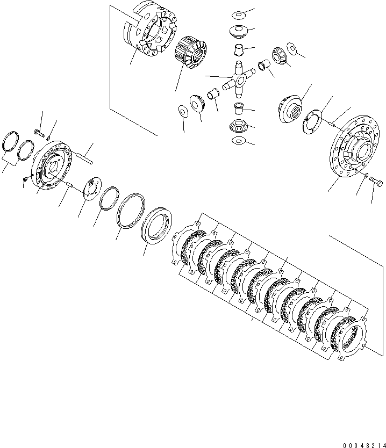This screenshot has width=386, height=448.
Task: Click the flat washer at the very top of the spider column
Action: [x=238, y=13]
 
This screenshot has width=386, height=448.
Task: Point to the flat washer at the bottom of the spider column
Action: [x=238, y=141]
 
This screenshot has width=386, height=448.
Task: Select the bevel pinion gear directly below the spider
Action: [x=238, y=127]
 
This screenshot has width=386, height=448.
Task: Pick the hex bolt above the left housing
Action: [x=37, y=131]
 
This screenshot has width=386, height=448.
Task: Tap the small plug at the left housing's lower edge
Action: [x=25, y=179]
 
